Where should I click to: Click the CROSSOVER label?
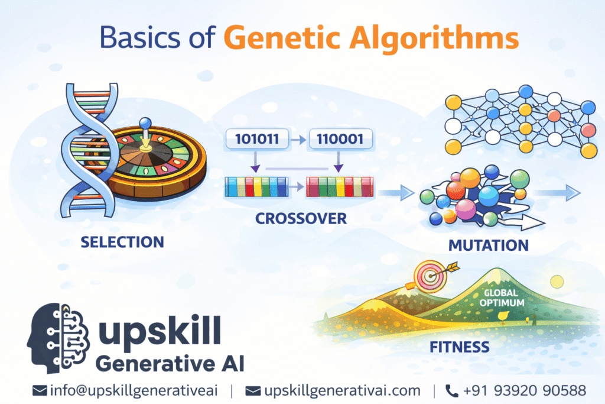coord(301,218)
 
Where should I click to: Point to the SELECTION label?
coord(122,242)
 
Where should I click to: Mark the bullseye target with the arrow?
coord(428,273)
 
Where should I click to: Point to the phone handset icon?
coord(451,390)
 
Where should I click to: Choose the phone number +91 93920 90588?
coord(524,390)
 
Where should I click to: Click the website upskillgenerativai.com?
coord(341,390)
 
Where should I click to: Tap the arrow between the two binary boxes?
coord(297,140)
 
